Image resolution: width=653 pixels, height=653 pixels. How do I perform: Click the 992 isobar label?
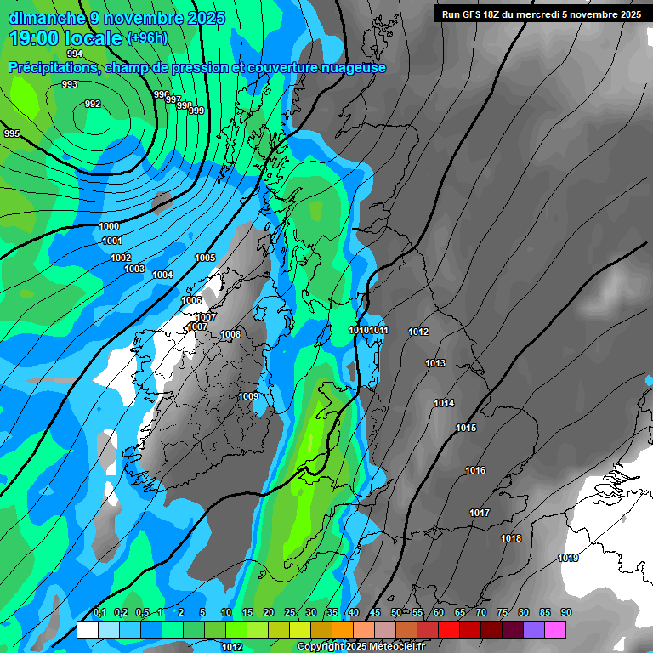click(93, 104)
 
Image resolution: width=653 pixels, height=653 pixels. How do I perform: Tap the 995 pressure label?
click(12, 133)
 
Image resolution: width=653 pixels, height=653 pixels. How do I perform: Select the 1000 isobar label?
click(109, 226)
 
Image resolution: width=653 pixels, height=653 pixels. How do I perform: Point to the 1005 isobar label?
click(205, 258)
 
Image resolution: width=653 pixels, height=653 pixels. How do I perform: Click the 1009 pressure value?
click(248, 396)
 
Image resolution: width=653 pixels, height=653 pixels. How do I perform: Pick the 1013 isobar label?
click(435, 363)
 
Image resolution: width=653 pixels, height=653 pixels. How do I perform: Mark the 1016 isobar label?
click(475, 470)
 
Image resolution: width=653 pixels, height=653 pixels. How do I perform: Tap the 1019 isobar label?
click(569, 558)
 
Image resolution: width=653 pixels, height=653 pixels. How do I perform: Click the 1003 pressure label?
click(134, 269)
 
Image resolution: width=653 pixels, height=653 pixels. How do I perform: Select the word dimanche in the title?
click(47, 18)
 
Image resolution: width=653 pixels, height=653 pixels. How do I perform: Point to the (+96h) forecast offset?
click(147, 37)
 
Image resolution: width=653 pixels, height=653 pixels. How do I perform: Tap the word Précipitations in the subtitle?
click(54, 67)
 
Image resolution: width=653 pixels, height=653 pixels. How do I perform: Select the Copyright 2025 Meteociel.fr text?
click(361, 647)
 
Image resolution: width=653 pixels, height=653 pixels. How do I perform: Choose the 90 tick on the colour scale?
click(566, 612)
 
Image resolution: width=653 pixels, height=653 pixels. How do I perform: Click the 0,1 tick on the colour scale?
click(99, 612)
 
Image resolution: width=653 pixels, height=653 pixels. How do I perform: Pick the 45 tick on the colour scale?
click(375, 612)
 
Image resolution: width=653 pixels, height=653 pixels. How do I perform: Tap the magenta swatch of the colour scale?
click(555, 629)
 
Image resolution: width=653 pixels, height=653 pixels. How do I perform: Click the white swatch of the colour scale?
click(87, 629)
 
